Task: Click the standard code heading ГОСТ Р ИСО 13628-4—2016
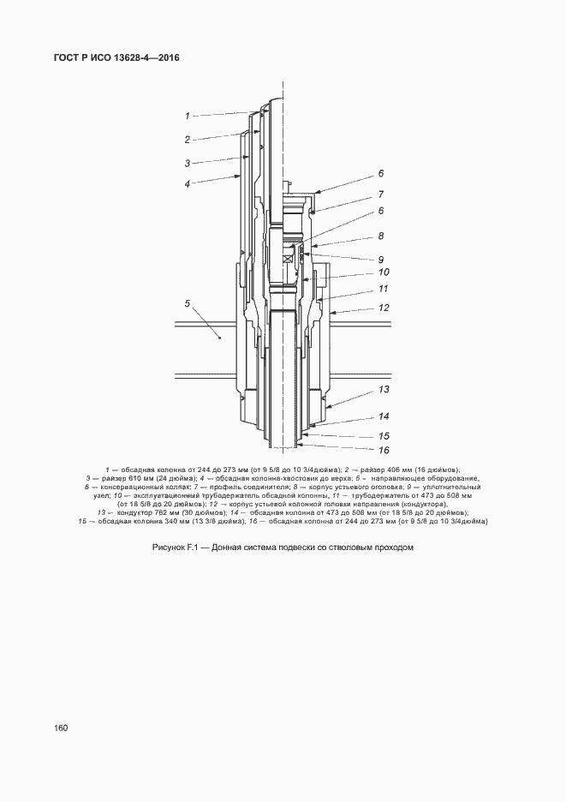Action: pos(110,58)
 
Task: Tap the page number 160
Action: pos(61,727)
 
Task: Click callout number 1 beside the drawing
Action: pos(187,114)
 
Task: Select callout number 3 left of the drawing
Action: pos(187,162)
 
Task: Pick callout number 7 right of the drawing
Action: pos(382,195)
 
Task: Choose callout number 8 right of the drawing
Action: pos(382,236)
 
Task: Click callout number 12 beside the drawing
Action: pos(384,308)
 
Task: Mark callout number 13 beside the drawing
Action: pos(384,389)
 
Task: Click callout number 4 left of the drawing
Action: pos(187,183)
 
